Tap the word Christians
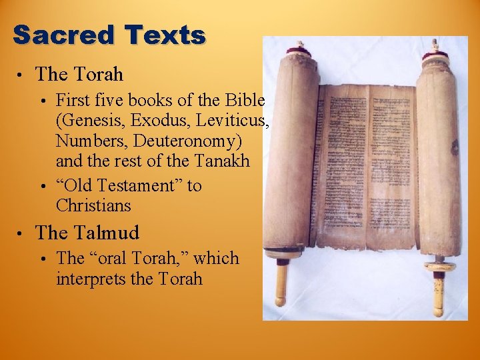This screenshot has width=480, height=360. pyautogui.click(x=94, y=205)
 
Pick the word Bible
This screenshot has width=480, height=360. pyautogui.click(x=245, y=101)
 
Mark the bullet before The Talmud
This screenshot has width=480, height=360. pyautogui.click(x=22, y=234)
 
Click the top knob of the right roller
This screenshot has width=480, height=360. pyautogui.click(x=434, y=47)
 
